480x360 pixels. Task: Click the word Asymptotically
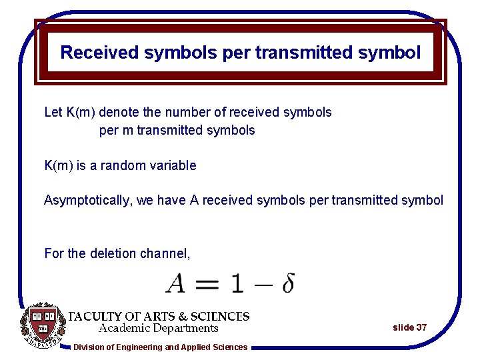tap(87, 200)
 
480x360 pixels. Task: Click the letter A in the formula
tap(176, 283)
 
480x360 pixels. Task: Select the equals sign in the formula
tap(208, 284)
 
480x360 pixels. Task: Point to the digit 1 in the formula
tap(237, 283)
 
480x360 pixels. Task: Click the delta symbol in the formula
tap(288, 283)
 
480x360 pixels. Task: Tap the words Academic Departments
tap(159, 328)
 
